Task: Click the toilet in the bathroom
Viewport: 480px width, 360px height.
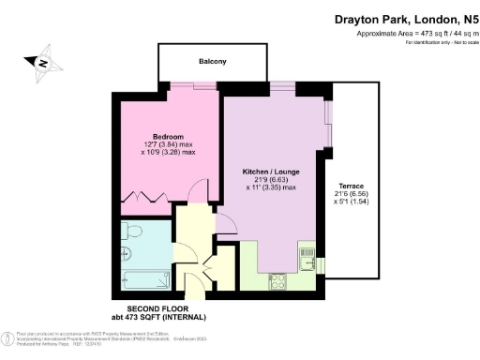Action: pyautogui.click(x=132, y=231)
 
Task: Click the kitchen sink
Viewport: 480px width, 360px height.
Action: pyautogui.click(x=305, y=251)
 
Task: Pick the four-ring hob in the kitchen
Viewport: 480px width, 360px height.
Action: pyautogui.click(x=277, y=279)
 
